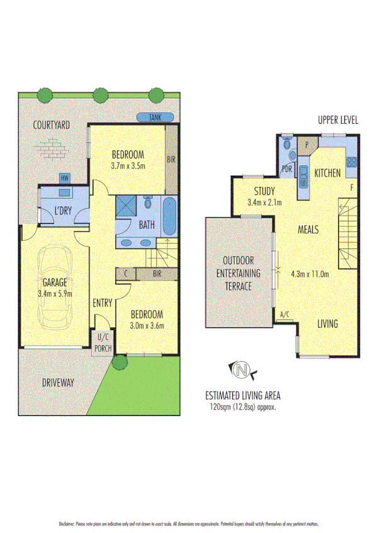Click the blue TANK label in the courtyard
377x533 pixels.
[150, 117]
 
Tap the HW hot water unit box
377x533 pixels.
[64, 178]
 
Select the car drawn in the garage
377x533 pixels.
[55, 288]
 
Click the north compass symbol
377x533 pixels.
[240, 371]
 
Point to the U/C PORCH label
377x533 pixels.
[102, 344]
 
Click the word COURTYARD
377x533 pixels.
[52, 125]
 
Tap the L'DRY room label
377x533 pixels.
[63, 210]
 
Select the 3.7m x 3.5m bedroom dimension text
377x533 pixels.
[128, 166]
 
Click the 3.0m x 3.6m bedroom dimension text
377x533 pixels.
[147, 326]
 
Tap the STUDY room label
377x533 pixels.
[265, 192]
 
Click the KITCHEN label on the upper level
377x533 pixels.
[327, 173]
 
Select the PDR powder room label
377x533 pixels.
[287, 168]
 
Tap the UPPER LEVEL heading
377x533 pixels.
[337, 121]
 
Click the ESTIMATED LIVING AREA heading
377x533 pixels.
[242, 395]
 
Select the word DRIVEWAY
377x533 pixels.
[59, 382]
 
